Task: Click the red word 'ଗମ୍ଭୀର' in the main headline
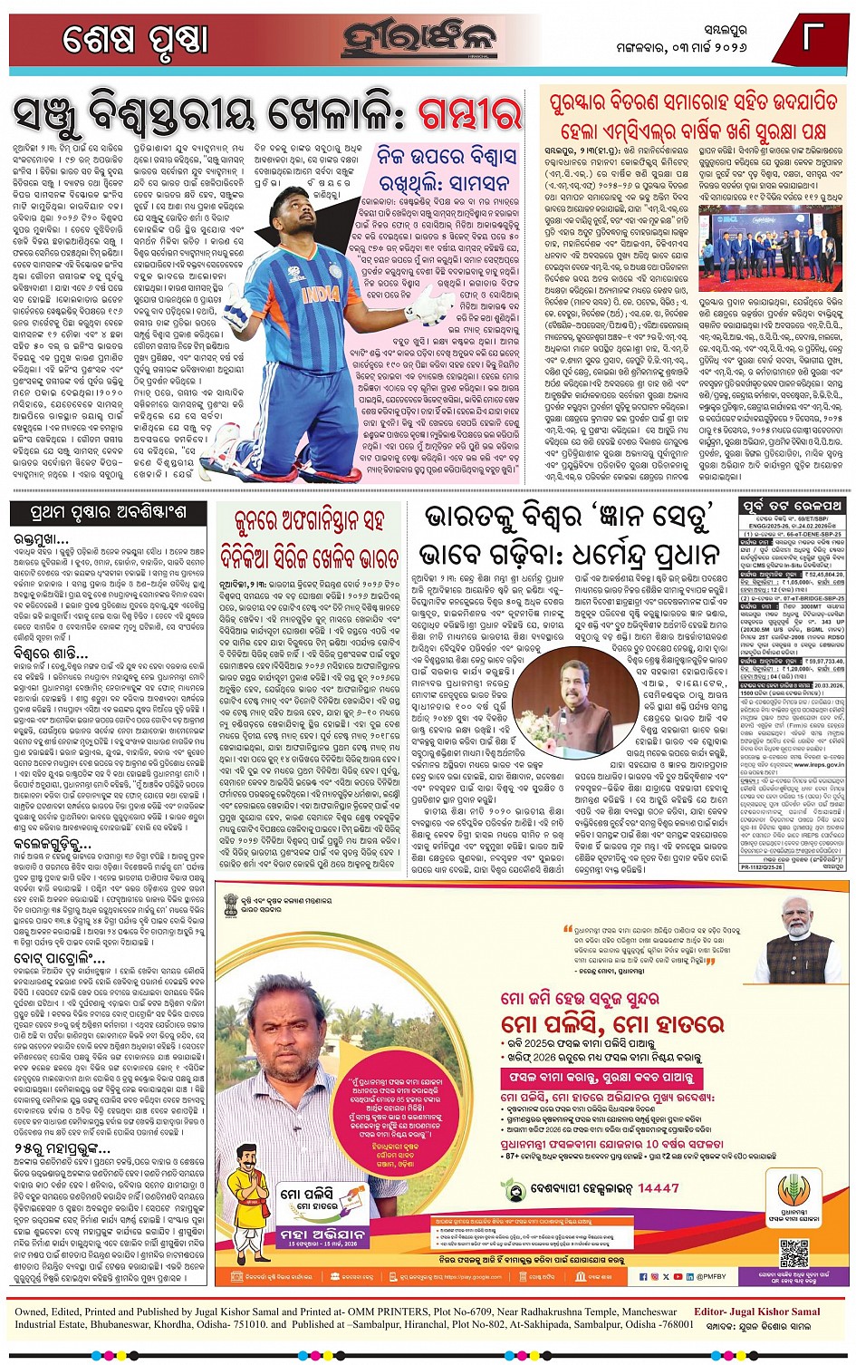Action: (x=469, y=115)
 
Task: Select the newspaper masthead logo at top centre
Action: (x=419, y=38)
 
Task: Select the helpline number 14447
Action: (x=658, y=1187)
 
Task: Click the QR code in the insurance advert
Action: (x=793, y=1253)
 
